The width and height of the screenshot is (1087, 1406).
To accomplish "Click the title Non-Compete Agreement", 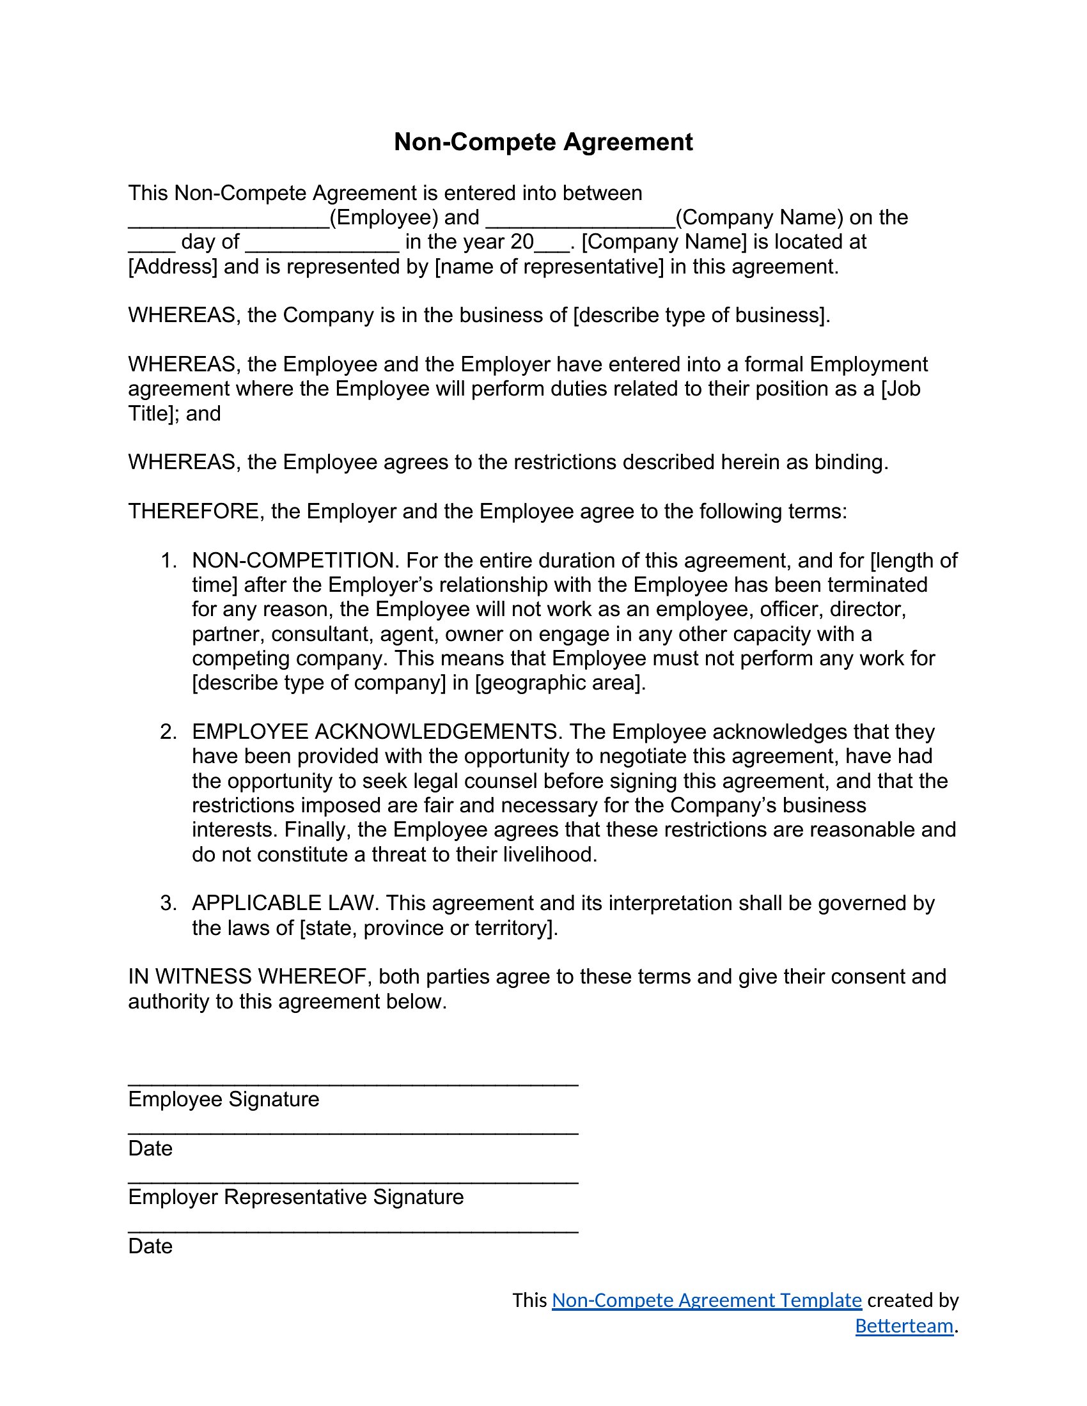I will tap(543, 143).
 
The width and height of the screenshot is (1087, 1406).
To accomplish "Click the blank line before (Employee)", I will tap(229, 222).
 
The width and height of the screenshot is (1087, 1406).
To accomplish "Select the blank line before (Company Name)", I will tap(580, 222).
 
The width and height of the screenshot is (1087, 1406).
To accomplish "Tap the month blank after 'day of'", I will tap(322, 247).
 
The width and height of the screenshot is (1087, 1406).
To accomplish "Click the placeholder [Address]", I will tap(173, 267).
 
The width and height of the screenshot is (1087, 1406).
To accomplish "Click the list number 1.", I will tap(168, 560).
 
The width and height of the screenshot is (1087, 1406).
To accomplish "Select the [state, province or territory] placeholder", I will tap(426, 929).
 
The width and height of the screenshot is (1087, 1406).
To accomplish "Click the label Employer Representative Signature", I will tap(295, 1198).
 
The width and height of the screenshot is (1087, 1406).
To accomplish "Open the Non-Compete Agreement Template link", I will tap(707, 1301).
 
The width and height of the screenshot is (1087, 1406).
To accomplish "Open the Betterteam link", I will tap(903, 1326).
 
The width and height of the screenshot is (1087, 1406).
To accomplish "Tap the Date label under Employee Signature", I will tap(151, 1148).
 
